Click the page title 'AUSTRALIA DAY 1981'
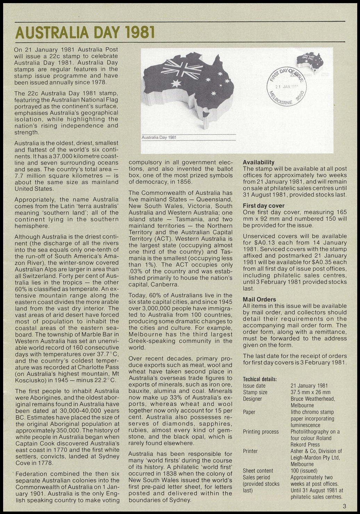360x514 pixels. tap(85, 33)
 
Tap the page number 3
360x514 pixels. tap(344, 506)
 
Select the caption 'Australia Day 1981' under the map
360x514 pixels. tap(159, 137)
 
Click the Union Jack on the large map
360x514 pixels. tap(181, 68)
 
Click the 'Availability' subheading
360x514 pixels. tap(259, 162)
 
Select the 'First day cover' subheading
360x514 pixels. tap(264, 206)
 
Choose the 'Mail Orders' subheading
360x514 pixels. tap(259, 299)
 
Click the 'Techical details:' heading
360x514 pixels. tap(260, 379)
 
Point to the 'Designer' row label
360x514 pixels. tap(253, 399)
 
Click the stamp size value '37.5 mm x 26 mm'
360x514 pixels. tap(310, 392)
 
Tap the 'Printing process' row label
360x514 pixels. tap(261, 432)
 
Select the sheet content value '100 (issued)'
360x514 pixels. tap(304, 471)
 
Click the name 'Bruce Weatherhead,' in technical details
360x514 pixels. tap(313, 399)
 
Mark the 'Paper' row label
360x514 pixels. tap(249, 412)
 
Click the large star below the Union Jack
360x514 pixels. tap(177, 83)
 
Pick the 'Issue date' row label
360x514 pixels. tap(254, 386)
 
